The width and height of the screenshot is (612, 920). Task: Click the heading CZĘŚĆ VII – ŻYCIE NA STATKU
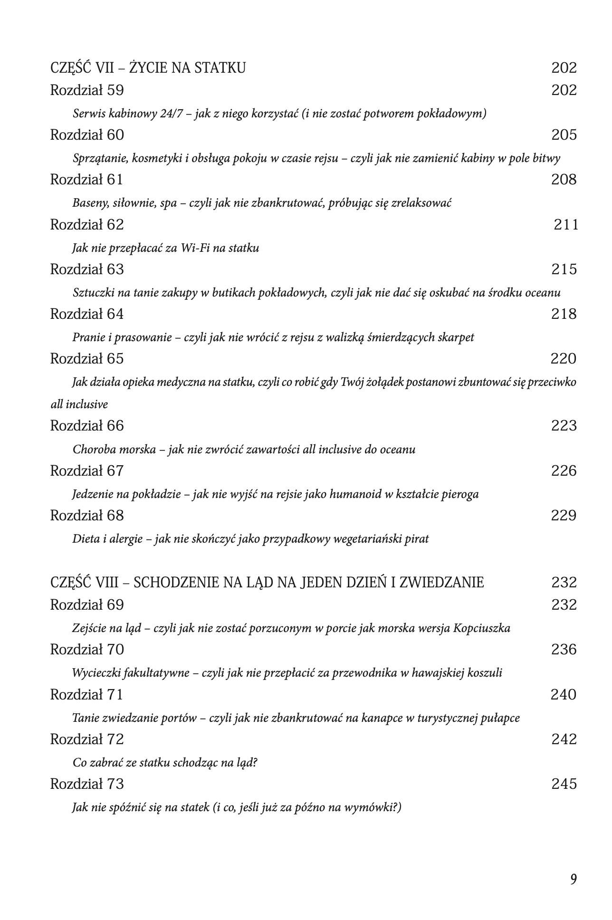[x=148, y=68]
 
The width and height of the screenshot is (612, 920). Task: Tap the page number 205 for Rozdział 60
[x=564, y=135]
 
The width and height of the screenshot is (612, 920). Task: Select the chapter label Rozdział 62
[x=87, y=224]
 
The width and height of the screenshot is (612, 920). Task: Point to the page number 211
[x=566, y=224]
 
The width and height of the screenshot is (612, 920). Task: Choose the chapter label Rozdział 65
[x=87, y=358]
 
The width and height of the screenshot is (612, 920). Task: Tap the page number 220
[x=563, y=358]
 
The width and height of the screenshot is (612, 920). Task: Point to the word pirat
[x=418, y=539]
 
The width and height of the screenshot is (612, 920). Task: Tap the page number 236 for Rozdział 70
[x=564, y=650]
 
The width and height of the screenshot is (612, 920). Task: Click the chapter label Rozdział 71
[x=86, y=695]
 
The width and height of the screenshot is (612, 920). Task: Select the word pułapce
[x=501, y=718]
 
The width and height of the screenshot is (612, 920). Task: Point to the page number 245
[x=564, y=784]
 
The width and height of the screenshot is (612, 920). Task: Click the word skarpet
[x=455, y=337]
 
